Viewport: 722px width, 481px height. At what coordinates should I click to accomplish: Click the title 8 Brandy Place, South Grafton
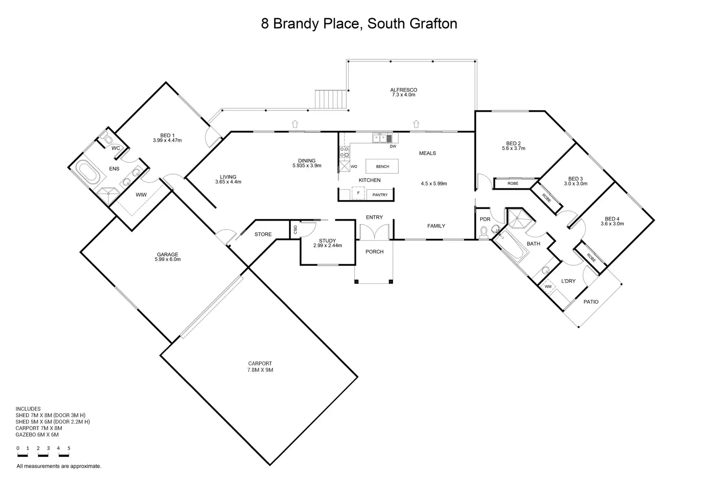(x=359, y=24)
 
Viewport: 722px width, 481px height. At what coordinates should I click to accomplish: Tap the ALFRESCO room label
(x=404, y=90)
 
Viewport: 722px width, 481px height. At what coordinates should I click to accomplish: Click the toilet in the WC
(x=107, y=139)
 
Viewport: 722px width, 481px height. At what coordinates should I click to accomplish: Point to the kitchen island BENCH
(x=382, y=166)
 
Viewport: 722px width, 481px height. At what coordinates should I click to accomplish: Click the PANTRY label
(x=380, y=195)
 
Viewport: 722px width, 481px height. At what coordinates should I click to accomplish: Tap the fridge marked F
(x=358, y=193)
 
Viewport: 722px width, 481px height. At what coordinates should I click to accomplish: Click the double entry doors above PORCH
(x=375, y=232)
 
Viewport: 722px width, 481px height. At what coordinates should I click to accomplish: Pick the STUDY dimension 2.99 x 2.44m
(x=328, y=246)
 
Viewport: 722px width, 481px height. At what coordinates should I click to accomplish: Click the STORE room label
(x=263, y=234)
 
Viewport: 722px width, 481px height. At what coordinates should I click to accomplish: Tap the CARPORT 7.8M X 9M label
(x=260, y=367)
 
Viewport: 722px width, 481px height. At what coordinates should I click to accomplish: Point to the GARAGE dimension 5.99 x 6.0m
(x=168, y=259)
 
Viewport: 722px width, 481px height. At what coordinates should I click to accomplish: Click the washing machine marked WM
(x=548, y=286)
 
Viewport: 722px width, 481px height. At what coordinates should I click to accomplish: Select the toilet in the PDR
(x=484, y=232)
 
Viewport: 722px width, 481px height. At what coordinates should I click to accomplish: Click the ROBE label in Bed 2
(x=513, y=183)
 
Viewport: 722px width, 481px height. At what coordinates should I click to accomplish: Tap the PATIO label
(x=591, y=302)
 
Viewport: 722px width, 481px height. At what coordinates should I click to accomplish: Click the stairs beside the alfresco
(x=331, y=99)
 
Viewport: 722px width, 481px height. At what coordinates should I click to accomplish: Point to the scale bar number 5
(x=69, y=448)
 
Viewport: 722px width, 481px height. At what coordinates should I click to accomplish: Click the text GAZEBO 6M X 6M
(x=37, y=434)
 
